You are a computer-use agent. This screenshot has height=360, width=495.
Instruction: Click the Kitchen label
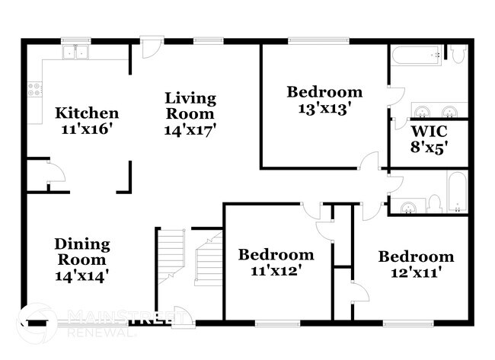tap(87, 113)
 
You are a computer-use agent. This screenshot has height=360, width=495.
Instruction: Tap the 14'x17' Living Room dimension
tap(190, 129)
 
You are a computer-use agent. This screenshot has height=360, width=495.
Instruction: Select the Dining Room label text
tap(81, 252)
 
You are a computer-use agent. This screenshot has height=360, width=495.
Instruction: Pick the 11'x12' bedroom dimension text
tap(276, 269)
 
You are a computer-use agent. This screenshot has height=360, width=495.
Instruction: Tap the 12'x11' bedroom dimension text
tap(417, 272)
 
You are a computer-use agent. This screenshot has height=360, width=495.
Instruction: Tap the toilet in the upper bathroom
tap(458, 53)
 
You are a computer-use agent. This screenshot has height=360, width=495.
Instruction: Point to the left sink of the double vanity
tap(420, 108)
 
